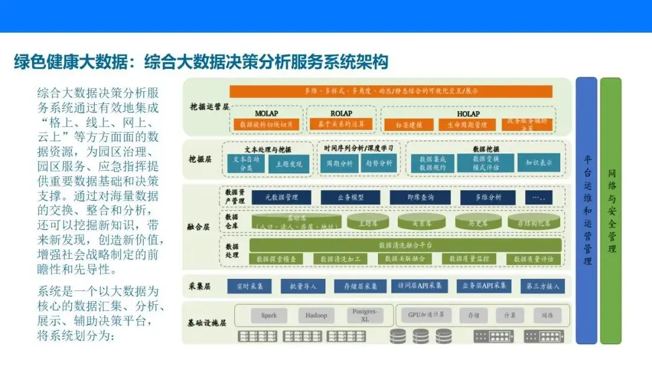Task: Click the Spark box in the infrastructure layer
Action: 269,315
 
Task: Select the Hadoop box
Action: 316,315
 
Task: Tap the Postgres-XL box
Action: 365,314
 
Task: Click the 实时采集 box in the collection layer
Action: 249,286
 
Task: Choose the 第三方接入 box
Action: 542,286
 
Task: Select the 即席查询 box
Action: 412,197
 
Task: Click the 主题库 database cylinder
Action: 368,222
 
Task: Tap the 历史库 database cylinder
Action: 478,222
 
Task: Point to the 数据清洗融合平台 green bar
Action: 404,245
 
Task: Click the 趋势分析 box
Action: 379,163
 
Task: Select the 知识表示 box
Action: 539,163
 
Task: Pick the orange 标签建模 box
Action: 409,125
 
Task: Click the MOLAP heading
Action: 266,113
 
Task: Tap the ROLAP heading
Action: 341,113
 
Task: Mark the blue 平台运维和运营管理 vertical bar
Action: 586,211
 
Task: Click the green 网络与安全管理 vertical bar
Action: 610,211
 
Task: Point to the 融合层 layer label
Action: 198,228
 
